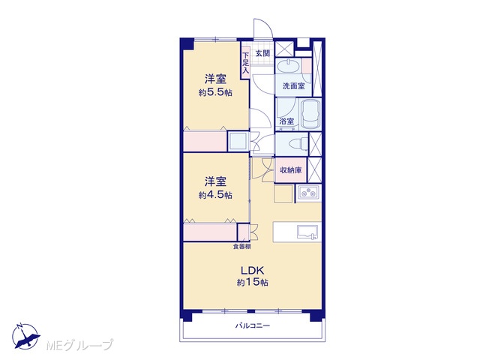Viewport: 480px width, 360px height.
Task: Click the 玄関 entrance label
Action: coord(262,53)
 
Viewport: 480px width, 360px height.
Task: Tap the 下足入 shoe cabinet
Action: coord(245,63)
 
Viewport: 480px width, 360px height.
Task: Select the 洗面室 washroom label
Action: coord(293,86)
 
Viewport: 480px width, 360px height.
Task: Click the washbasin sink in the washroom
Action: coord(288,66)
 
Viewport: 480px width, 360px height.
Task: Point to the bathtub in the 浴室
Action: coord(310,114)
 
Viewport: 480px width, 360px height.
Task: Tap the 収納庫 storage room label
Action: coord(291,170)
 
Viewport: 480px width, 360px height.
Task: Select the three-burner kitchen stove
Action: coord(308,193)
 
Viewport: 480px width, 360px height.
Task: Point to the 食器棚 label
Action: coord(241,247)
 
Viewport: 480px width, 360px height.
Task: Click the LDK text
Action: coord(252,271)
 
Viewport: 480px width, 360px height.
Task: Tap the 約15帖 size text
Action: coord(252,282)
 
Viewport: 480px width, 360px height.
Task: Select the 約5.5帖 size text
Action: coord(215,92)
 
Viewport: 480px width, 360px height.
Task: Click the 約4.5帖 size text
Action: coord(215,195)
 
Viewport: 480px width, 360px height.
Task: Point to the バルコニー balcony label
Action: coord(253,325)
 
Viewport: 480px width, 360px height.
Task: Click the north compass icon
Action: coord(25,336)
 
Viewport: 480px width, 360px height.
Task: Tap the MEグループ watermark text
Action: coord(79,345)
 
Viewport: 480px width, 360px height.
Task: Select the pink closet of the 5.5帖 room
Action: coord(205,141)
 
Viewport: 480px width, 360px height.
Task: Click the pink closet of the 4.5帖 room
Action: coord(210,232)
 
